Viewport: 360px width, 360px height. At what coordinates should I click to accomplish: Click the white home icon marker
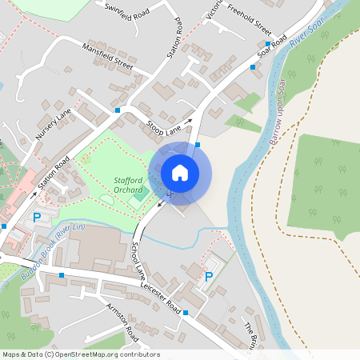click(180, 173)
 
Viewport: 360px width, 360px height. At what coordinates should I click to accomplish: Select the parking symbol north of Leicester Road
click(209, 277)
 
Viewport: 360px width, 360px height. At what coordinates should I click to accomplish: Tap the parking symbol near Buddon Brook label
click(36, 218)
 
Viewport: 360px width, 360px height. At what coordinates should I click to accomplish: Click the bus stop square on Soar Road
click(254, 68)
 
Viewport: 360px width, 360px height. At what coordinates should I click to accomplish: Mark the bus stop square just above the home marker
click(198, 144)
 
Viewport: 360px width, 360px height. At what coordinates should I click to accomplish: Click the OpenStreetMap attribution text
click(81, 354)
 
